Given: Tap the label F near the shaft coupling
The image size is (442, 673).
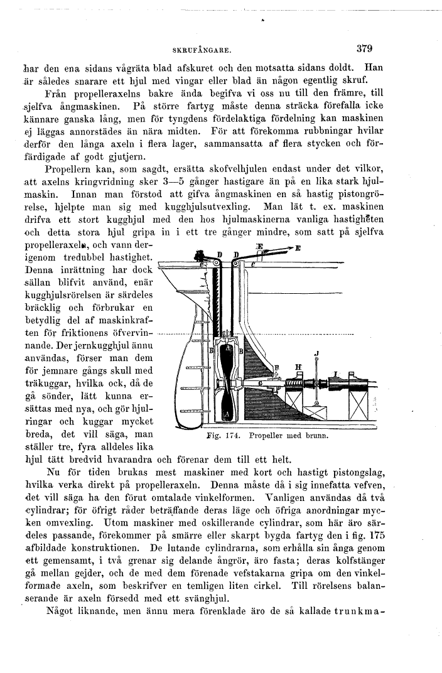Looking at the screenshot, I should pyautogui.click(x=277, y=366).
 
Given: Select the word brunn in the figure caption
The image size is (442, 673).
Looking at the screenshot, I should pyautogui.click(x=317, y=434).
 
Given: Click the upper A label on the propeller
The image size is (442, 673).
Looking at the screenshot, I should pyautogui.click(x=229, y=348).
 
